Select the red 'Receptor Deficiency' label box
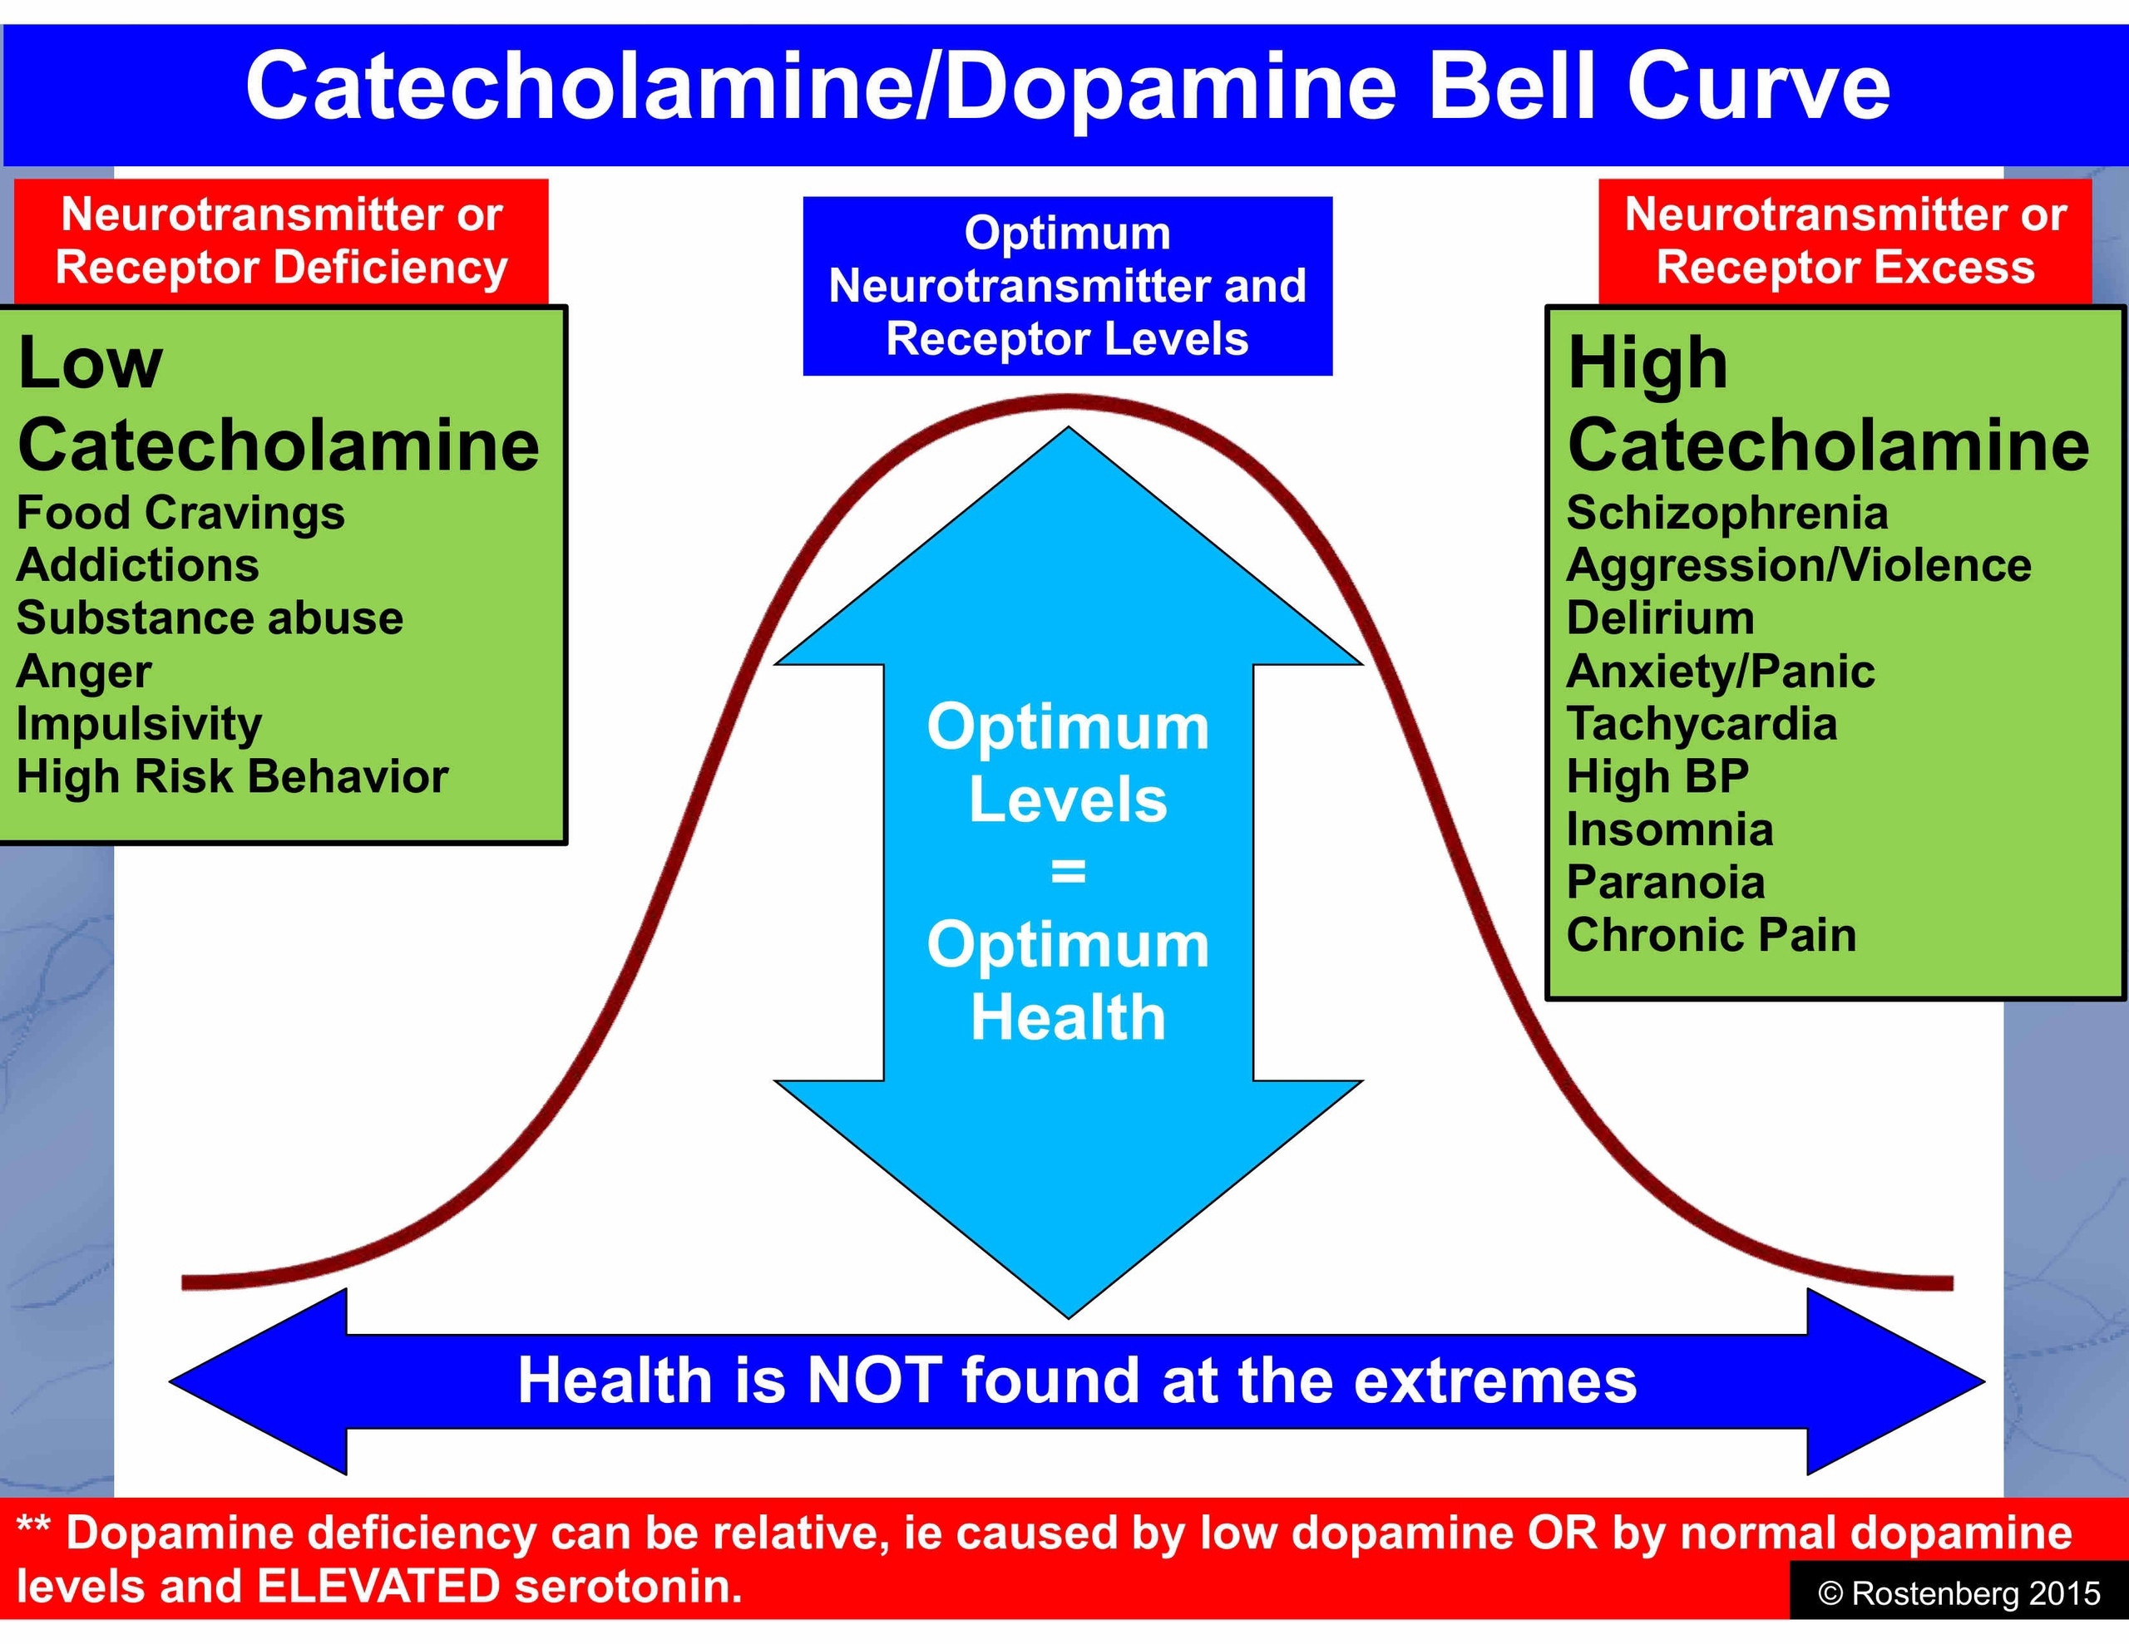coord(282,241)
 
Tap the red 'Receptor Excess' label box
coord(1845,241)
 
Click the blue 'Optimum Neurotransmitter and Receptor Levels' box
coord(1068,286)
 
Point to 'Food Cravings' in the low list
coord(180,514)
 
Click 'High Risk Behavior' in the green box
coord(232,776)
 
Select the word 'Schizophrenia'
coord(1726,514)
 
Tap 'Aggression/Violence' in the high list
coord(1799,566)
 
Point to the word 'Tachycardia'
coord(1701,724)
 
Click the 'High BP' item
coord(1657,776)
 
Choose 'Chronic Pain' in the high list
coord(1711,934)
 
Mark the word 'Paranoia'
coord(1665,882)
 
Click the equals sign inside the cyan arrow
coord(1069,872)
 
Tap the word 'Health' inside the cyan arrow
coord(1069,1017)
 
